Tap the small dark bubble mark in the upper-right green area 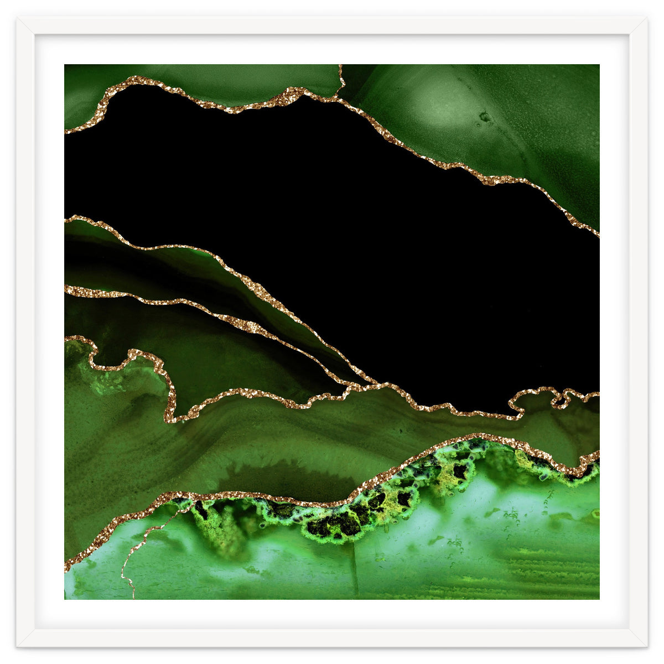pyautogui.click(x=485, y=117)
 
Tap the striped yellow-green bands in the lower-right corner pyautogui.click(x=553, y=570)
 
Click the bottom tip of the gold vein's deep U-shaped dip pyautogui.click(x=172, y=418)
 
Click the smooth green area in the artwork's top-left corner pyautogui.click(x=89, y=89)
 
